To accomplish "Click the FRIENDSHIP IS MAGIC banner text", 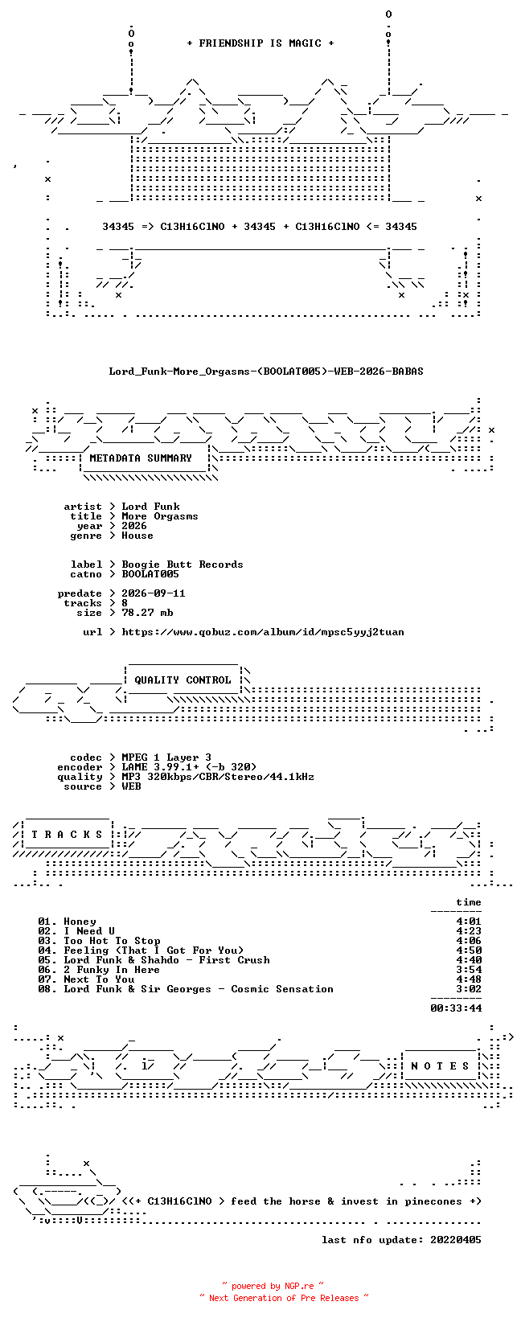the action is [260, 43].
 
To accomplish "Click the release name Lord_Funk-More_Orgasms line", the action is [266, 372].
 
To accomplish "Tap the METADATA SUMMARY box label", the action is [141, 458].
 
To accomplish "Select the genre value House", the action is [137, 536].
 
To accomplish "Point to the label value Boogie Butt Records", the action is [183, 565].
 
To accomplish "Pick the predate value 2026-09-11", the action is [154, 593].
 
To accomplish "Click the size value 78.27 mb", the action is [147, 613].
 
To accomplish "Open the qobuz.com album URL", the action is [263, 632].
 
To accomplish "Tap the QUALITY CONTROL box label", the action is [183, 679].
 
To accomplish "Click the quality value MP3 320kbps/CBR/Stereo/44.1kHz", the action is [218, 777].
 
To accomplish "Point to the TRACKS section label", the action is [67, 835].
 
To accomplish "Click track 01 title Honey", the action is [80, 922].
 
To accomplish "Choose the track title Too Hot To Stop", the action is [112, 942].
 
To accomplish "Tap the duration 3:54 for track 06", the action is [469, 970].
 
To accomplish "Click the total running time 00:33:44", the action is [456, 1008].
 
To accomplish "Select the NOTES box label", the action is [440, 1065].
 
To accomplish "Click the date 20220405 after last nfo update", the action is [456, 1240].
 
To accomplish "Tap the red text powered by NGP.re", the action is [273, 1286].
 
